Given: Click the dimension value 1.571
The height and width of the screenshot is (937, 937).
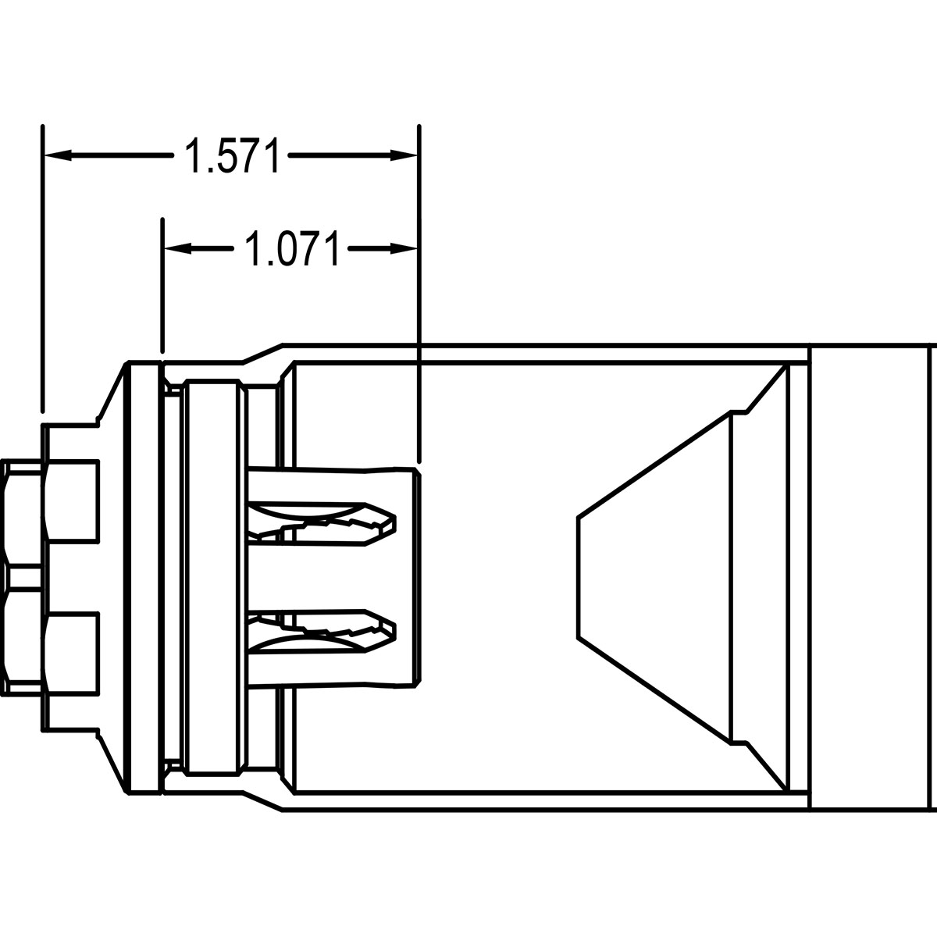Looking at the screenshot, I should pyautogui.click(x=231, y=156).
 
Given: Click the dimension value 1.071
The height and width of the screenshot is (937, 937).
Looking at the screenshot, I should pyautogui.click(x=292, y=249).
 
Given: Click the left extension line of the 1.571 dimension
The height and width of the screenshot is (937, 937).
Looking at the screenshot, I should pyautogui.click(x=43, y=265).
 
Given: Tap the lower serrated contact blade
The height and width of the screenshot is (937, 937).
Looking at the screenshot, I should pyautogui.click(x=328, y=629).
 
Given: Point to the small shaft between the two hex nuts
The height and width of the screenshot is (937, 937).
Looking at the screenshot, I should pyautogui.click(x=23, y=576).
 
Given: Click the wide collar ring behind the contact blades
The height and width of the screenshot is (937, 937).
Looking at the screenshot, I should pyautogui.click(x=211, y=576).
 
